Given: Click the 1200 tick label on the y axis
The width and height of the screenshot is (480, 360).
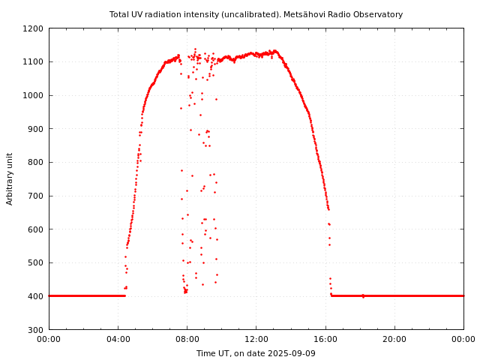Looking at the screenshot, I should [x=34, y=28].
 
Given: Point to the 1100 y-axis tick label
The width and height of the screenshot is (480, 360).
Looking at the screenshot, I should [x=34, y=62].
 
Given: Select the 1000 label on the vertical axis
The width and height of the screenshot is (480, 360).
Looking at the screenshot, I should [x=34, y=95].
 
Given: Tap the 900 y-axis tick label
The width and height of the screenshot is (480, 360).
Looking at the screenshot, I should [x=36, y=129].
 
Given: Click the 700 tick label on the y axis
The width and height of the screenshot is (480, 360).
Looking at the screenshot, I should [x=36, y=196].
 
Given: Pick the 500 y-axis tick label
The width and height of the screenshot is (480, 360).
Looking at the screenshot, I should [x=36, y=262].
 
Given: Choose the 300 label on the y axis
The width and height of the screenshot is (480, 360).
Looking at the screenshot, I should [x=36, y=330].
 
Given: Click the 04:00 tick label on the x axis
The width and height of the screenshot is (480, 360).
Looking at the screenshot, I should [x=118, y=339].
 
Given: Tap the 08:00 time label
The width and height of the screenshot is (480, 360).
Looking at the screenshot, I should [x=187, y=339].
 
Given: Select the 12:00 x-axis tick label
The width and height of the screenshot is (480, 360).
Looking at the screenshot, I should [x=256, y=339].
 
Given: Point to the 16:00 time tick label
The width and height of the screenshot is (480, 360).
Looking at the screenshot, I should [x=325, y=339].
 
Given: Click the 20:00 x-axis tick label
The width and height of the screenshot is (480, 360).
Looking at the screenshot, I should [x=394, y=339].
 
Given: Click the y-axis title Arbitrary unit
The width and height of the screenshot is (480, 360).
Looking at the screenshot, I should [x=10, y=178].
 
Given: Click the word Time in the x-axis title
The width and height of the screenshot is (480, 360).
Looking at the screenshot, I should [x=205, y=353].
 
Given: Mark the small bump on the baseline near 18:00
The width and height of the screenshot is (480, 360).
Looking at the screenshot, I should [x=363, y=295].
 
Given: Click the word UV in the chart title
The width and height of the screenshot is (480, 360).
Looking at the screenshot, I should [x=139, y=14].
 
